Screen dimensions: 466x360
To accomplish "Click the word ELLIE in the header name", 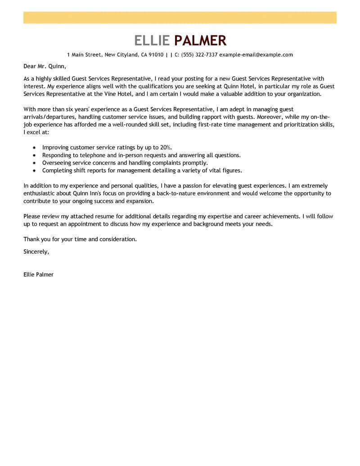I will [152, 41].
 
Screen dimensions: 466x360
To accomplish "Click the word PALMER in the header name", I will [200, 41].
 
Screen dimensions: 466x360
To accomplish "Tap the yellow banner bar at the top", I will [180, 18].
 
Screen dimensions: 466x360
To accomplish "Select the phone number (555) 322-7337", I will [199, 55].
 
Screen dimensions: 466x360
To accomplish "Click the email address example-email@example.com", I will [256, 55].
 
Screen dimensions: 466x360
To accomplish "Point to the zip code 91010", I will [156, 55].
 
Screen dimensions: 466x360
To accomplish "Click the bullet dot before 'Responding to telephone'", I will [34, 155].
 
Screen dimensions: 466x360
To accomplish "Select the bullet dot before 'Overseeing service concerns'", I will [34, 163].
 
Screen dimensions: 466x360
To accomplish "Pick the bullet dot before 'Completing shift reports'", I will [34, 171].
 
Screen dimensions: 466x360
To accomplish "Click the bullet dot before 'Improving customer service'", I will [34, 148].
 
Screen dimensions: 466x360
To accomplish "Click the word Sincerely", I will [36, 251].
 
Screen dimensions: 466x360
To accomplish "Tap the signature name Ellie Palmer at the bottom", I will [38, 274].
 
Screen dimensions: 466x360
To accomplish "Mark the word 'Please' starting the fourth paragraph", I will [32, 216].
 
